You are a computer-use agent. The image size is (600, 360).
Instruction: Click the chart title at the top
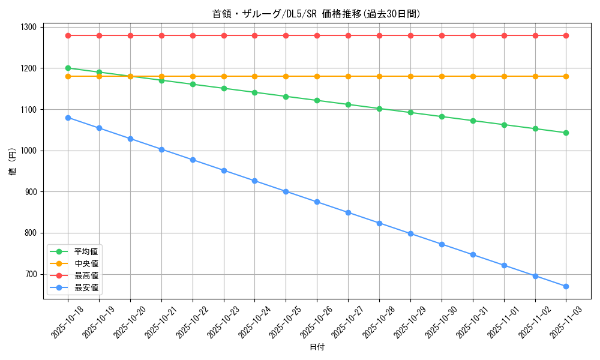[x=317, y=14]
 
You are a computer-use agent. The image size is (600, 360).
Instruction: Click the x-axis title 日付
[x=317, y=347]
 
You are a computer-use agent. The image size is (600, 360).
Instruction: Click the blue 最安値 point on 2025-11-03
[x=566, y=286]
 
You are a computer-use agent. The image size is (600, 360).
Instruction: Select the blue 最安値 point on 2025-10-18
[x=68, y=118]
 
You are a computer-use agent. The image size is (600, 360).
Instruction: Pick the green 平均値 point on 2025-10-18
[x=68, y=68]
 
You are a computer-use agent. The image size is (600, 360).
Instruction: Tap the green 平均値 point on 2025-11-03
[x=566, y=133]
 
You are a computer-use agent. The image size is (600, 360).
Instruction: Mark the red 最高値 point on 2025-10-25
[x=286, y=35]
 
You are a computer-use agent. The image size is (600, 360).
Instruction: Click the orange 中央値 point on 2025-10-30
[x=442, y=76]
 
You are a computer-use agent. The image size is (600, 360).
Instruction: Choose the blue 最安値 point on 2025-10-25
[x=286, y=191]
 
